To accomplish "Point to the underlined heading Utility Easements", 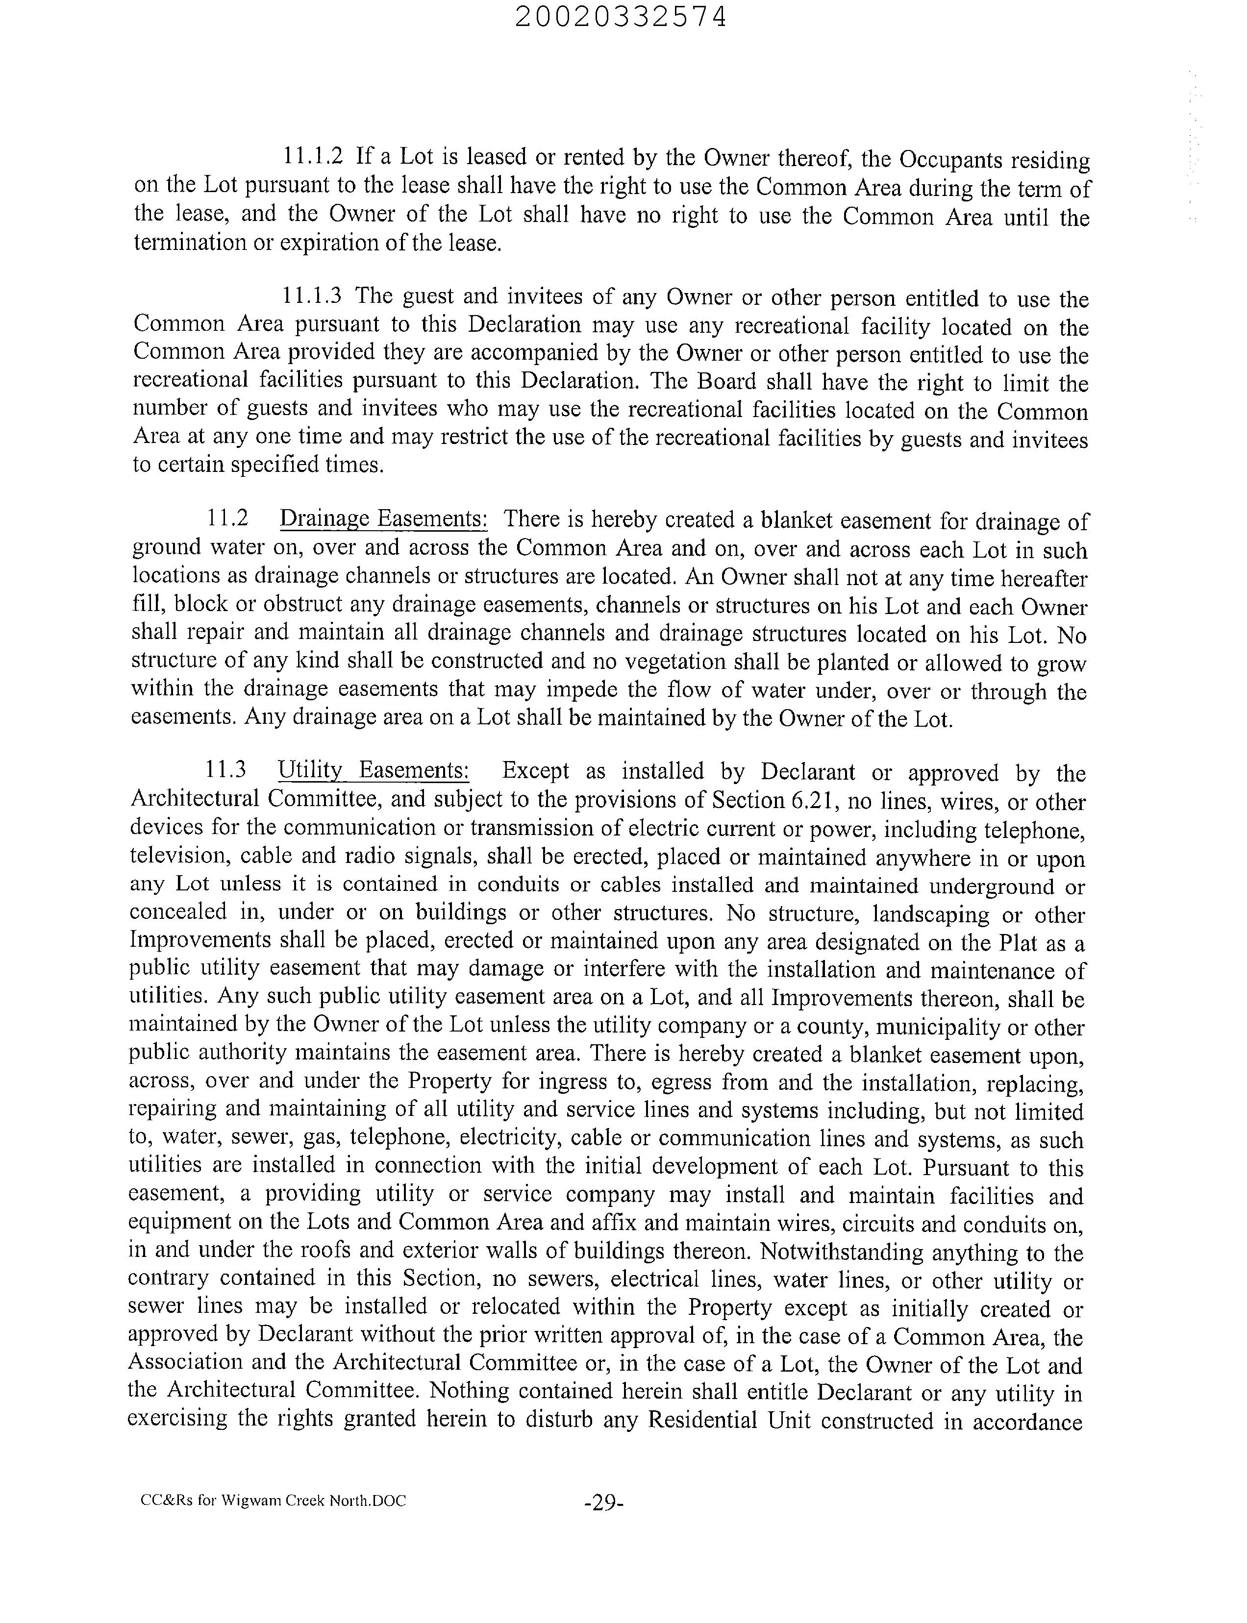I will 374,770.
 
